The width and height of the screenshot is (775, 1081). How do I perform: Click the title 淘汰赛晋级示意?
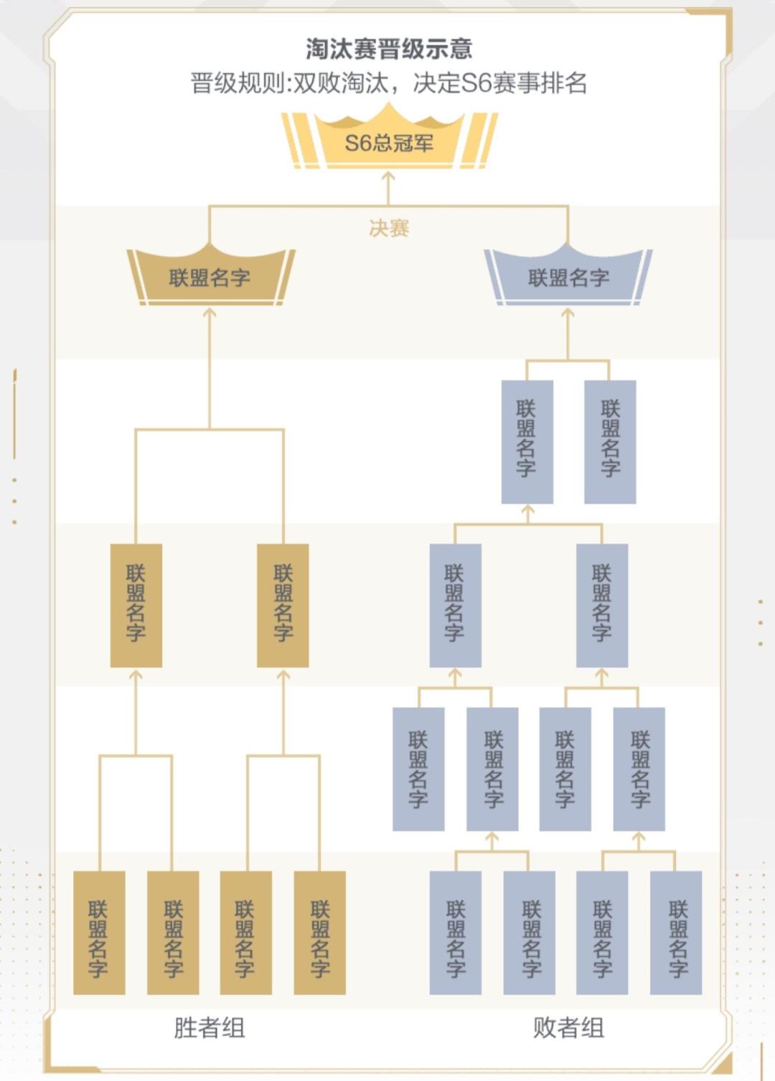[x=388, y=49]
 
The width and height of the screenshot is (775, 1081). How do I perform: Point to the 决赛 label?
[x=388, y=228]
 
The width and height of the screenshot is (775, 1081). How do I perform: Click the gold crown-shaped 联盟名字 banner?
[x=210, y=278]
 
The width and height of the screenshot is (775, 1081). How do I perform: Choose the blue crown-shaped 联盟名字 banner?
[x=568, y=278]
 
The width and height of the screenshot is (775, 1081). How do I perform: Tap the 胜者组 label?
[x=210, y=1028]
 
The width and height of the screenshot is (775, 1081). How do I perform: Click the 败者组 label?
[x=568, y=1028]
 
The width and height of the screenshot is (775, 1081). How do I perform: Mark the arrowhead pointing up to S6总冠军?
[x=388, y=175]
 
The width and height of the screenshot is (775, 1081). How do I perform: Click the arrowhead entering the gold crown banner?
[x=210, y=312]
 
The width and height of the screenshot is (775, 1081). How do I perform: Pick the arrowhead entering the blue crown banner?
[x=568, y=312]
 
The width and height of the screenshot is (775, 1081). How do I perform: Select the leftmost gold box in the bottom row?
[x=99, y=933]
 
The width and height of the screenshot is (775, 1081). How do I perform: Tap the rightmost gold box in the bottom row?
[x=319, y=933]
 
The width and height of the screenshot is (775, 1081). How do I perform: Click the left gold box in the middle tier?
[x=136, y=605]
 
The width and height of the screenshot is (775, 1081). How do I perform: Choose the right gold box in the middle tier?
[x=283, y=605]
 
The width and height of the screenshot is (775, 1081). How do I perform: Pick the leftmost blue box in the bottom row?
[x=455, y=933]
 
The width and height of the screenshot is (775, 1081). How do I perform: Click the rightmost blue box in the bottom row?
[x=676, y=933]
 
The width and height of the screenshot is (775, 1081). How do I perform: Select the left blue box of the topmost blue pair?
[x=527, y=441]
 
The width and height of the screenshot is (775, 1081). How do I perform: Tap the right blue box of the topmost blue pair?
[x=610, y=441]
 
